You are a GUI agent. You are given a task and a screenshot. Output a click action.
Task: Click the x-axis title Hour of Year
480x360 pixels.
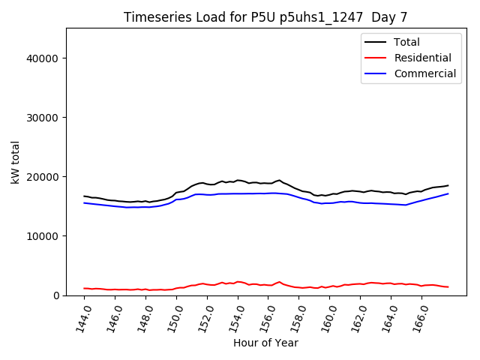[x=265, y=343]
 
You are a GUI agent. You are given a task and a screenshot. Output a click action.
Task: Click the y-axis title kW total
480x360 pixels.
[x=16, y=162]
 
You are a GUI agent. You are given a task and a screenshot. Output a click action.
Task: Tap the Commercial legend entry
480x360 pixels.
[x=424, y=73]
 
